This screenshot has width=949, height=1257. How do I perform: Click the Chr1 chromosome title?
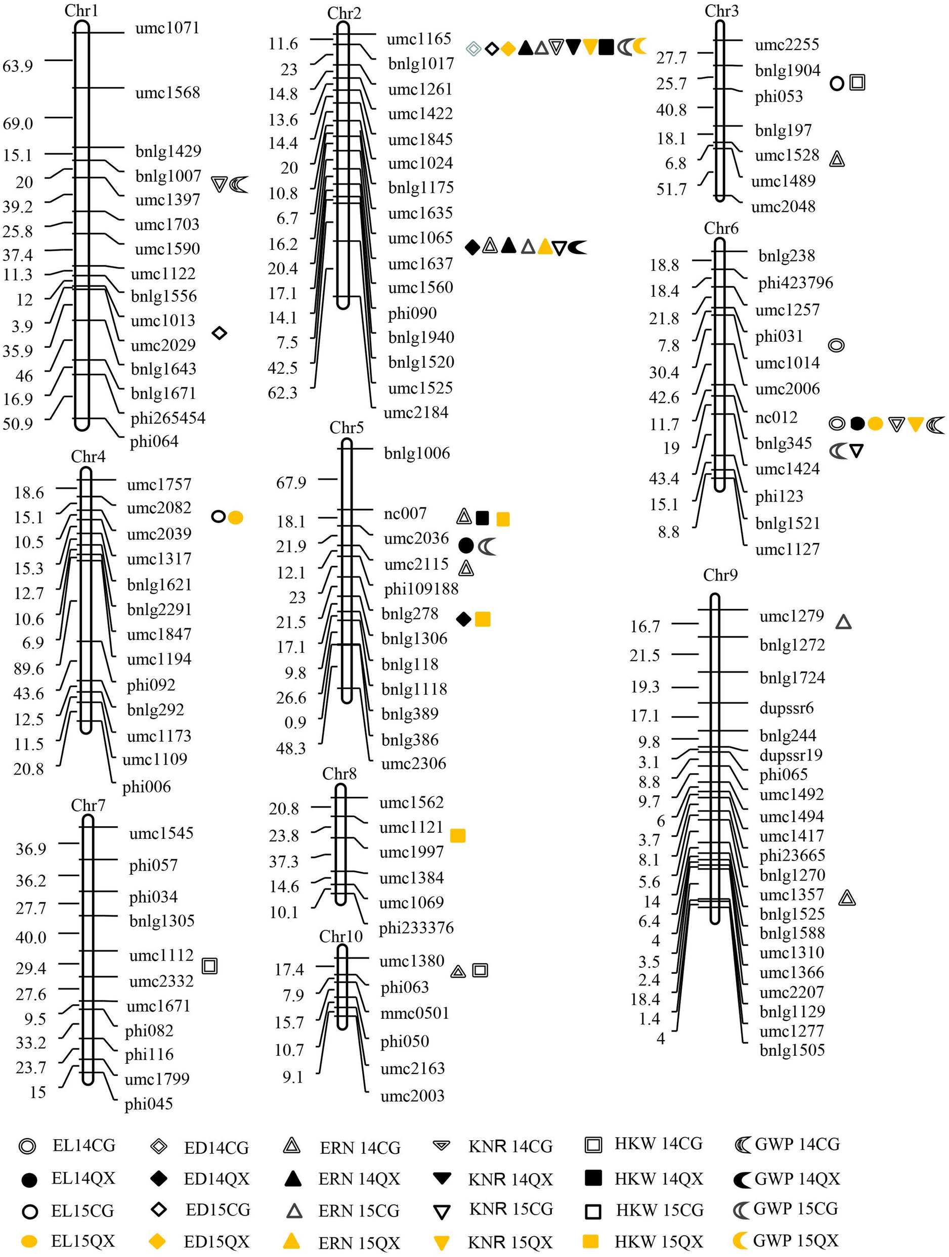pos(81,10)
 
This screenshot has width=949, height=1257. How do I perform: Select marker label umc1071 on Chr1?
pos(167,28)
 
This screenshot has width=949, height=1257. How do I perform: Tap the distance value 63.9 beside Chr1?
pos(18,66)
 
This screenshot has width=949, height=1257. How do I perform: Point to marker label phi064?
pos(154,441)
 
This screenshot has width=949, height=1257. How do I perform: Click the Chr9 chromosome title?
pos(720,575)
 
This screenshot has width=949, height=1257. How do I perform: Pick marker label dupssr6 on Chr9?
pos(787,708)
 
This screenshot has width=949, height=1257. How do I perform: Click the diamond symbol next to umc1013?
pos(220,333)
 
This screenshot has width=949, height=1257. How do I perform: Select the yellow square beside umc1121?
pos(458,835)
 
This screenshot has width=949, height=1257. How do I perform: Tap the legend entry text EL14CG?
pos(83,1145)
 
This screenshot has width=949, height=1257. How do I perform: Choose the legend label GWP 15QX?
pos(796,1240)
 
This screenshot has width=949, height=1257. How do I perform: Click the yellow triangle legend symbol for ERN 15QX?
pos(292,1240)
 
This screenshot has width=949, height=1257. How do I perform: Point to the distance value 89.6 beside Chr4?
pos(29,668)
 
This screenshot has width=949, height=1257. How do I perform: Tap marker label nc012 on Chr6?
pos(776,418)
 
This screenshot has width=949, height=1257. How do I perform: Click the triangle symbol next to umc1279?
pos(843,622)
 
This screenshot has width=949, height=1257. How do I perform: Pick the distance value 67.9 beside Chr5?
pos(291,482)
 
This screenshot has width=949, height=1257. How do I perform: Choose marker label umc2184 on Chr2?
pos(416,413)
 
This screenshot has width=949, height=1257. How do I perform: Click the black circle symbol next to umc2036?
pos(466,546)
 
